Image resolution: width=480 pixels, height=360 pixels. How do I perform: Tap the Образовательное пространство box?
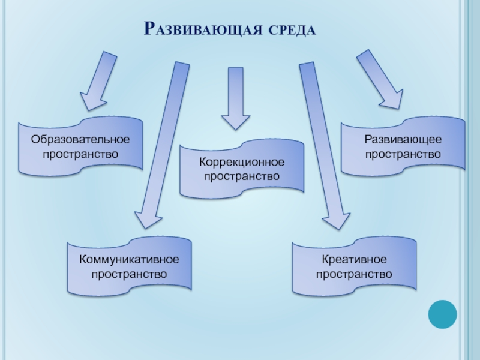[80, 146]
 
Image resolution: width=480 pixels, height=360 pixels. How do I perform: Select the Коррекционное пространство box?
[242, 169]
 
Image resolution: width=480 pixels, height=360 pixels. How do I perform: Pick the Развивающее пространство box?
[403, 147]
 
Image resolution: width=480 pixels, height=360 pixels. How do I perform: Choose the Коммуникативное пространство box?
[129, 266]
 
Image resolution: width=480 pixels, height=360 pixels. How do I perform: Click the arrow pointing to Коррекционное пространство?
[236, 98]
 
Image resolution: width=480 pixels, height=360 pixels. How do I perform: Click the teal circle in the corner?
[443, 314]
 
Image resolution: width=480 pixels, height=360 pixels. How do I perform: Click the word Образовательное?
[80, 139]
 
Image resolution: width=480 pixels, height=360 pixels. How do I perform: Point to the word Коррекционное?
[242, 163]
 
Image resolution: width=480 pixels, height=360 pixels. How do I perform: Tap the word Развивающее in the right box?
[403, 140]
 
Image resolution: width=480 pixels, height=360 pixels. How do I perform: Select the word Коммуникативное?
[129, 260]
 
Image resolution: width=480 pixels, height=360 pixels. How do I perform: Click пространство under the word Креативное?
[354, 274]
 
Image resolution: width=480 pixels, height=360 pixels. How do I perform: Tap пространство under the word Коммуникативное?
[129, 274]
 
